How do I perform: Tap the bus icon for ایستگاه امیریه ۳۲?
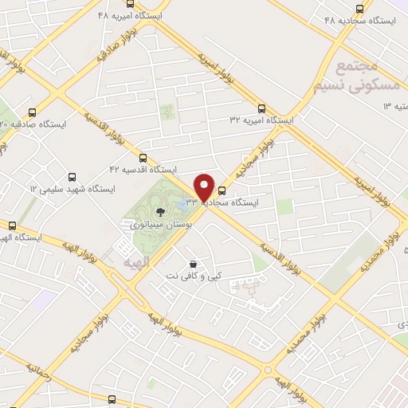click(261, 108)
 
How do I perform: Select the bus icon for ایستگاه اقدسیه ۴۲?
click(143, 157)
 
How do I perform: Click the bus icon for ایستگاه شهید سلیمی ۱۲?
click(73, 177)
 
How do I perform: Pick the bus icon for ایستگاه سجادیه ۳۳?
click(222, 190)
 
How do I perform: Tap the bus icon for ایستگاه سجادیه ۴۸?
click(360, 9)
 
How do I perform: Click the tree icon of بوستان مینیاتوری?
click(161, 211)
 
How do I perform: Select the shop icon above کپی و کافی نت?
click(193, 263)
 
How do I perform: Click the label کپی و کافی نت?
click(194, 276)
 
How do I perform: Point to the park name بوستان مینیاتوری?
click(159, 225)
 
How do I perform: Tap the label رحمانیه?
click(37, 373)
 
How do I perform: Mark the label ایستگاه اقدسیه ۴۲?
click(143, 170)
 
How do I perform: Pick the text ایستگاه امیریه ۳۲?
click(261, 120)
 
